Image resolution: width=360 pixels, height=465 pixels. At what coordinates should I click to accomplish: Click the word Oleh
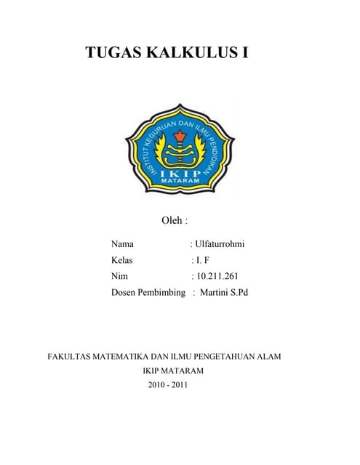click(171, 219)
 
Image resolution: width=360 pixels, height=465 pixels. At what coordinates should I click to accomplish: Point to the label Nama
click(123, 243)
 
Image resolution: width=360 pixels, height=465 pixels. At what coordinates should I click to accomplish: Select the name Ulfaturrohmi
click(220, 243)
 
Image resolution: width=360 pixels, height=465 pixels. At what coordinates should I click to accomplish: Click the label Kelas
click(124, 259)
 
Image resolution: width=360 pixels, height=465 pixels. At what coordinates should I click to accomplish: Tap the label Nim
click(119, 276)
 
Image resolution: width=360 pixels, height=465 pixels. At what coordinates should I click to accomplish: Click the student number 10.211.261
click(217, 276)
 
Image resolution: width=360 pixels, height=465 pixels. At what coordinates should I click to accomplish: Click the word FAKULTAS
click(71, 357)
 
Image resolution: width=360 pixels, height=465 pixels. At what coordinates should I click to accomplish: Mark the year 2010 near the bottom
click(156, 384)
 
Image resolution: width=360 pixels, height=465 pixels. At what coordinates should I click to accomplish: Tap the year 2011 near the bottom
click(180, 384)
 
